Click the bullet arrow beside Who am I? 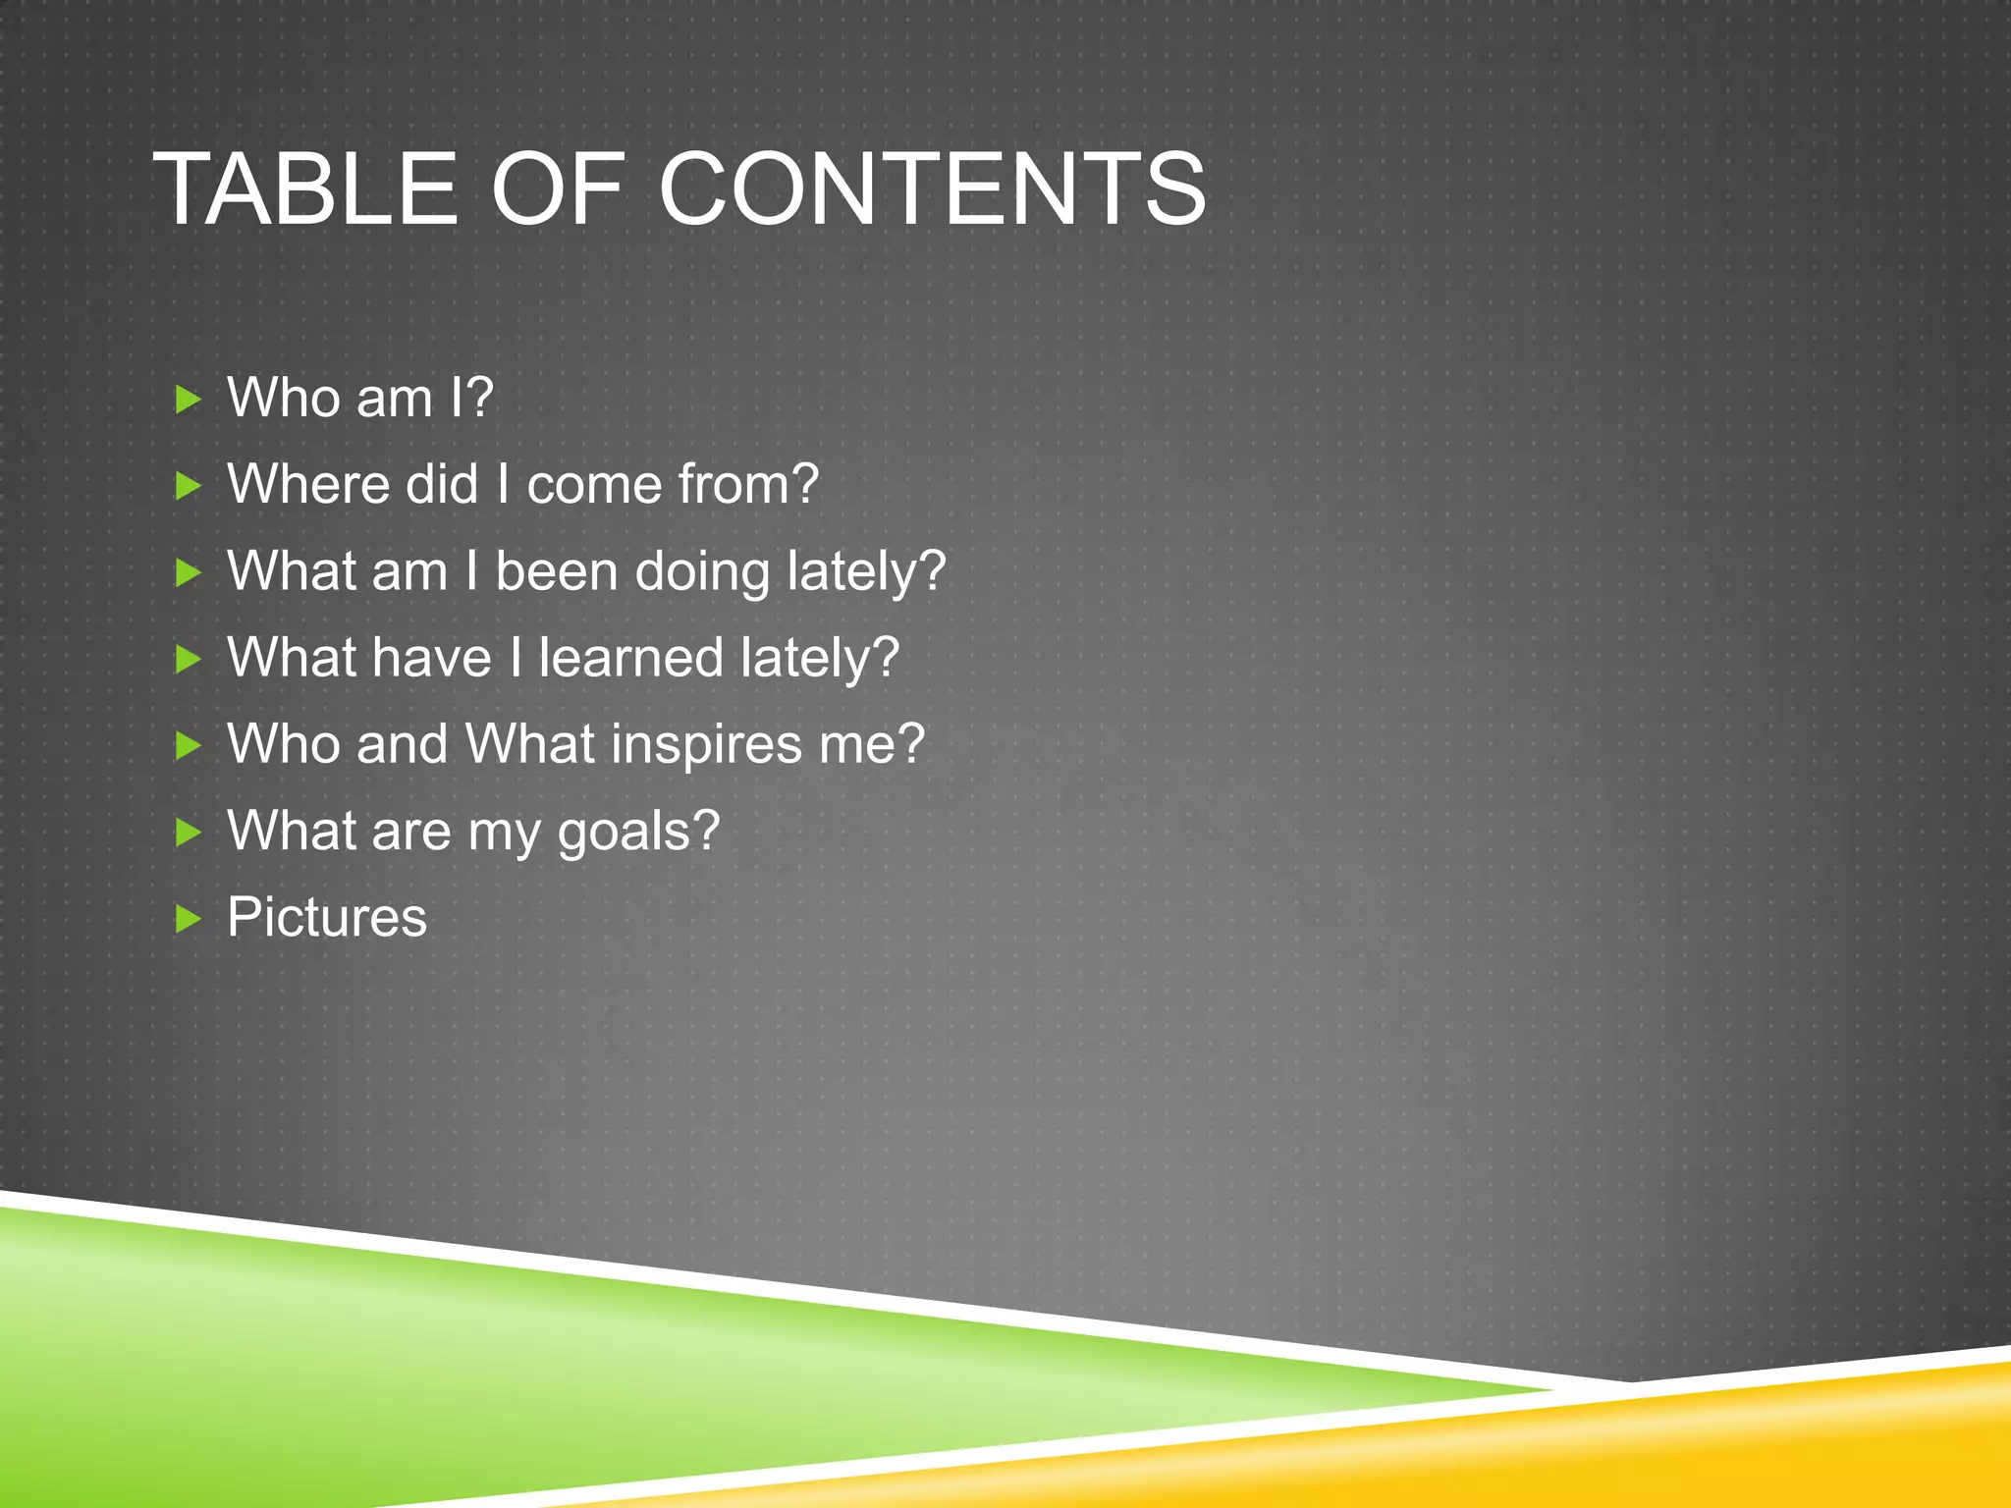coord(187,400)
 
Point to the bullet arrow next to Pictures coord(187,919)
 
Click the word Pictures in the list coord(327,917)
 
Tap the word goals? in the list coord(638,833)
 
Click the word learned coord(629,658)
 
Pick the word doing coord(702,572)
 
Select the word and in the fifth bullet coord(402,744)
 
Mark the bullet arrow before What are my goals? coord(187,833)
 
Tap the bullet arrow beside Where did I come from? coord(187,486)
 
